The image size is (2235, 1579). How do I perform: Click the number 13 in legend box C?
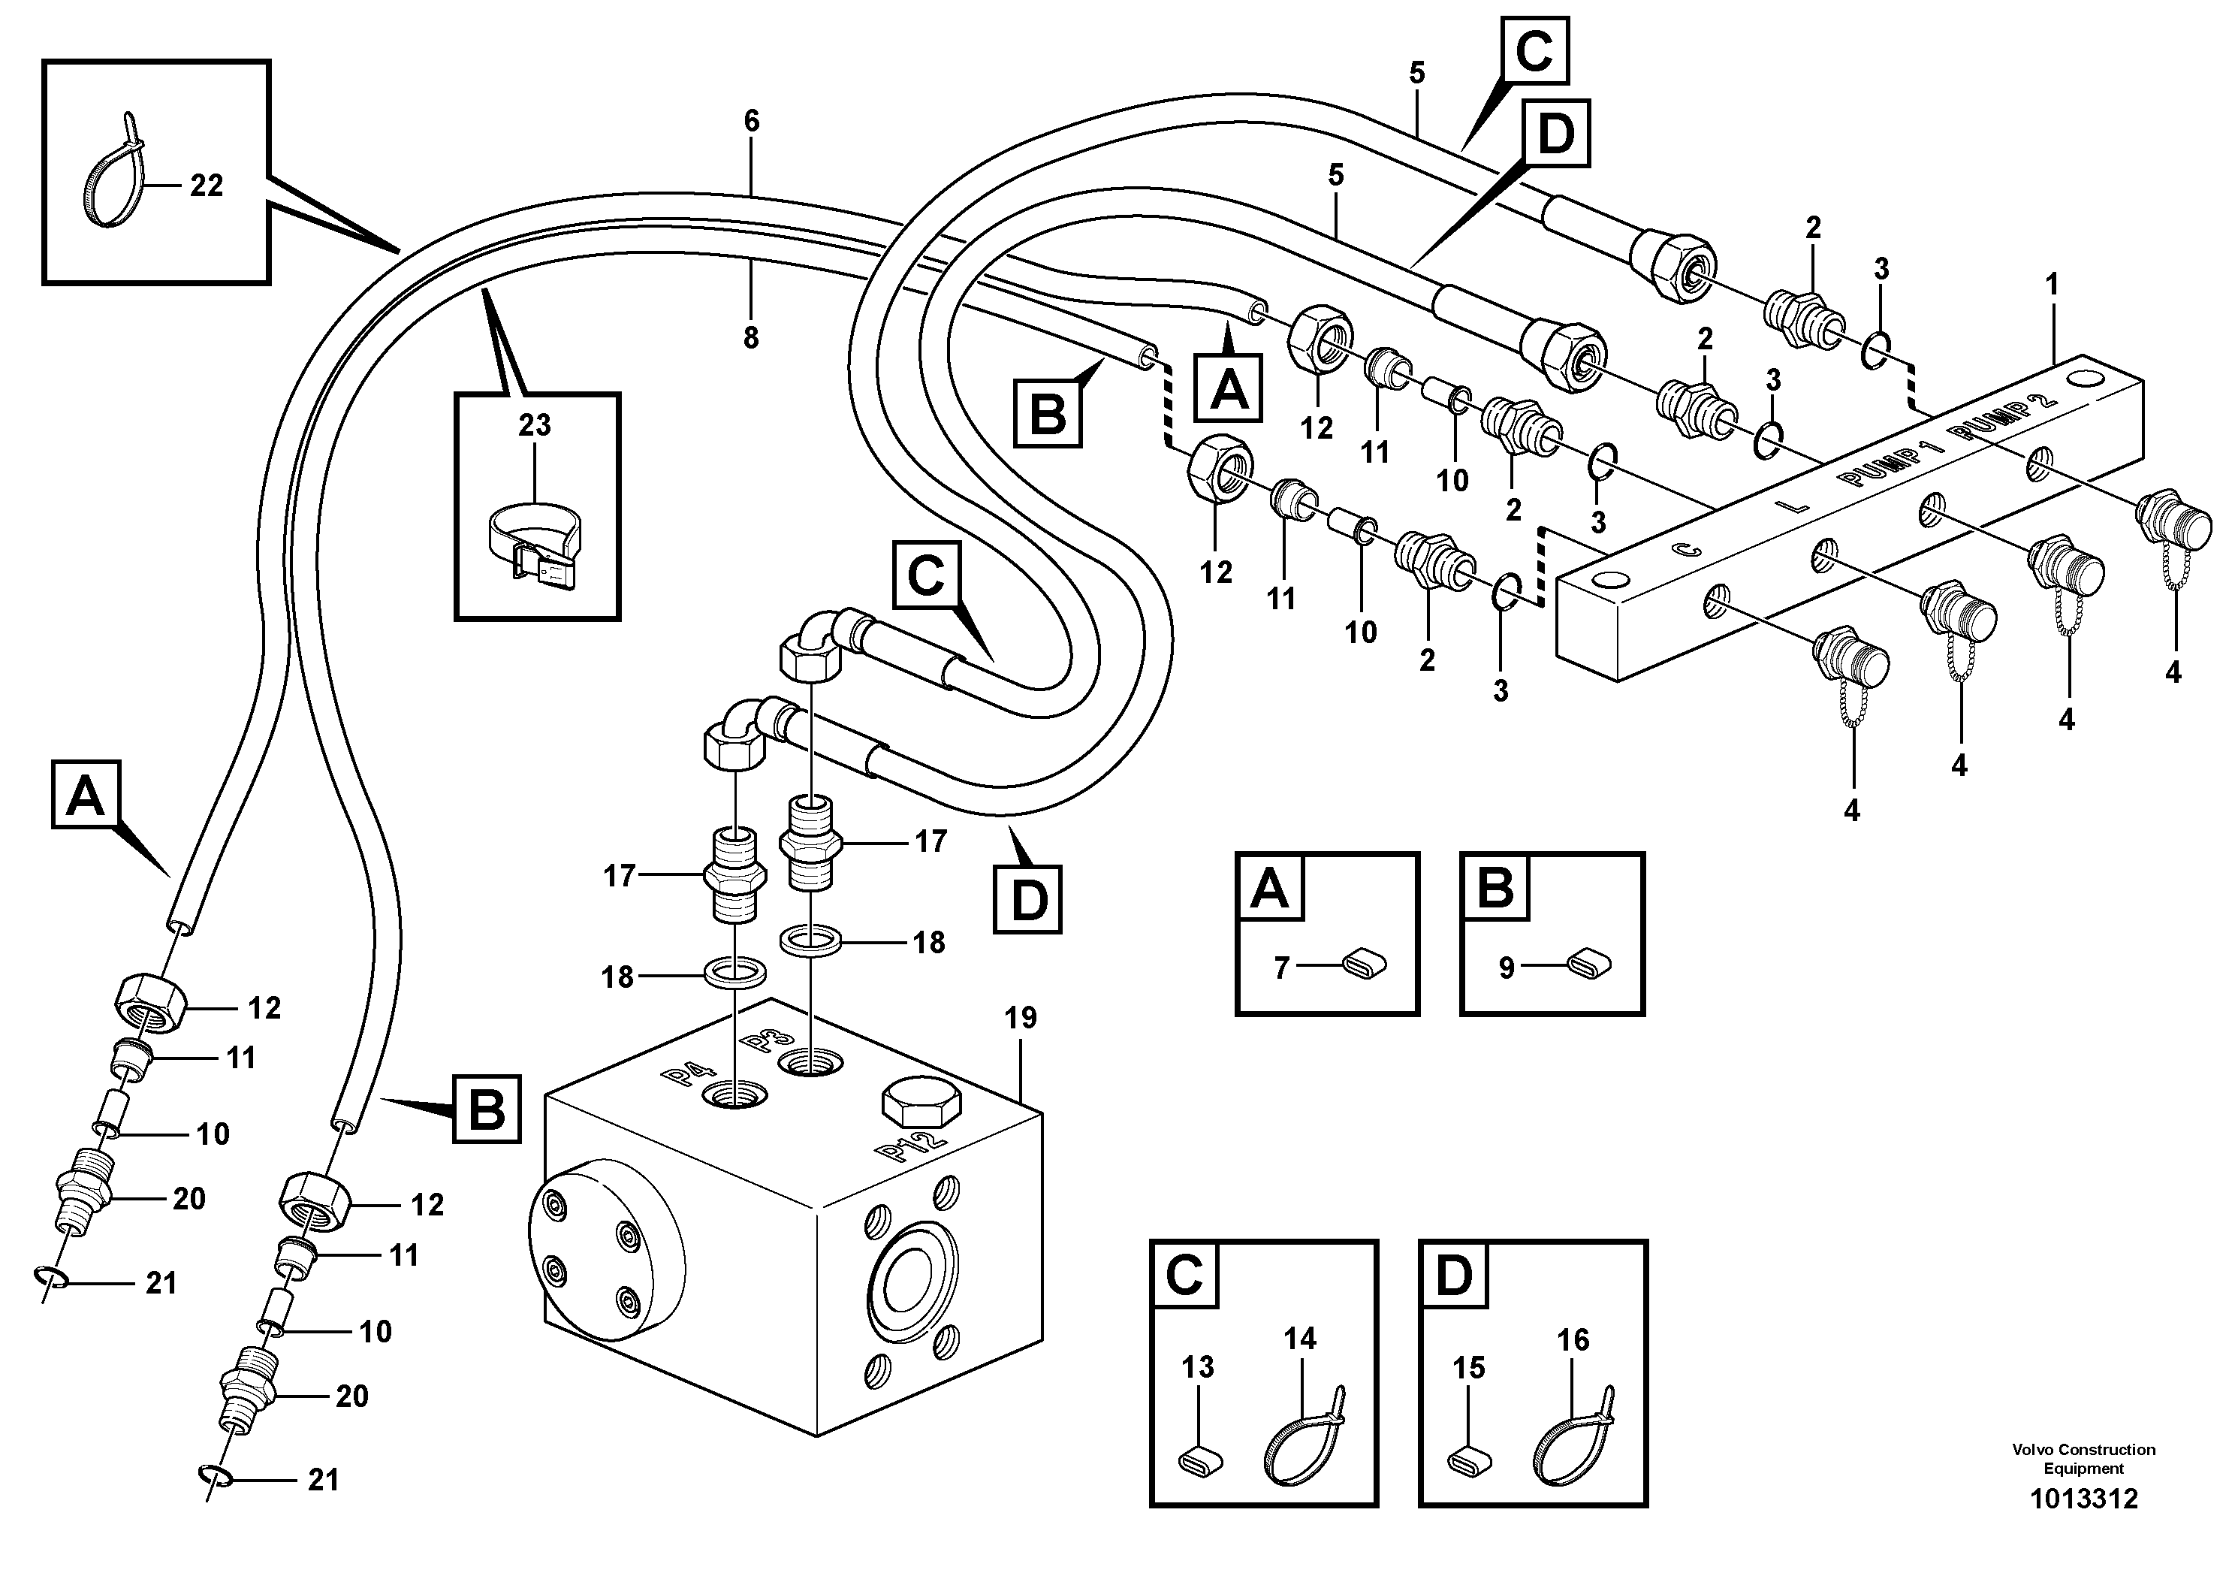point(1197,1366)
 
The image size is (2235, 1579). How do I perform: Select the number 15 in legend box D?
point(1468,1368)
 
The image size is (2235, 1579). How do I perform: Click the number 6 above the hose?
point(750,121)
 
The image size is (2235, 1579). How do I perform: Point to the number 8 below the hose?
point(750,338)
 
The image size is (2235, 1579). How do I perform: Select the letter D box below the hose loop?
point(1027,901)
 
